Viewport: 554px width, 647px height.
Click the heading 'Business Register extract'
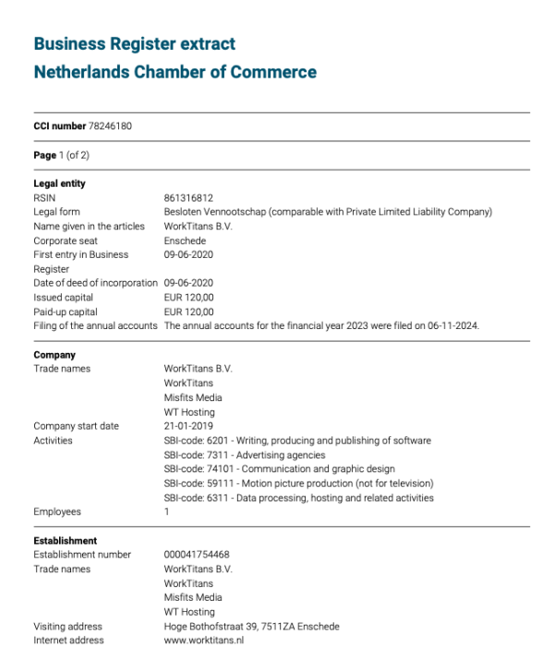tap(134, 43)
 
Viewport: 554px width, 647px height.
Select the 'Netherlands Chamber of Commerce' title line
tap(175, 72)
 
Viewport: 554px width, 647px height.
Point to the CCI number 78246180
tap(110, 126)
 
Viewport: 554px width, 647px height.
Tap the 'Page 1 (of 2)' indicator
tap(61, 154)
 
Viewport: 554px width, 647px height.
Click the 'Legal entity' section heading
tap(59, 183)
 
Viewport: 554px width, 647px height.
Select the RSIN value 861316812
tap(188, 198)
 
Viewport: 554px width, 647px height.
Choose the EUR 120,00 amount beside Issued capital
tap(188, 297)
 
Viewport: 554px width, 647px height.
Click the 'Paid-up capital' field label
tap(65, 311)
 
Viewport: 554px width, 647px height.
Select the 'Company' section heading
tap(54, 355)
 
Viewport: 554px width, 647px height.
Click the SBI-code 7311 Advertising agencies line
tap(245, 455)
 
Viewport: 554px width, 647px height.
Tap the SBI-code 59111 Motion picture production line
tap(298, 483)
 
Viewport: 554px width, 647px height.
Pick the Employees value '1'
tap(166, 511)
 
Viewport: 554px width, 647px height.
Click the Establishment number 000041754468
tap(197, 555)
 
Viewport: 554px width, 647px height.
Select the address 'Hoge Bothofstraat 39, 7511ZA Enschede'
tap(251, 626)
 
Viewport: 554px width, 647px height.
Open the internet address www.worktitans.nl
tap(203, 640)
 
